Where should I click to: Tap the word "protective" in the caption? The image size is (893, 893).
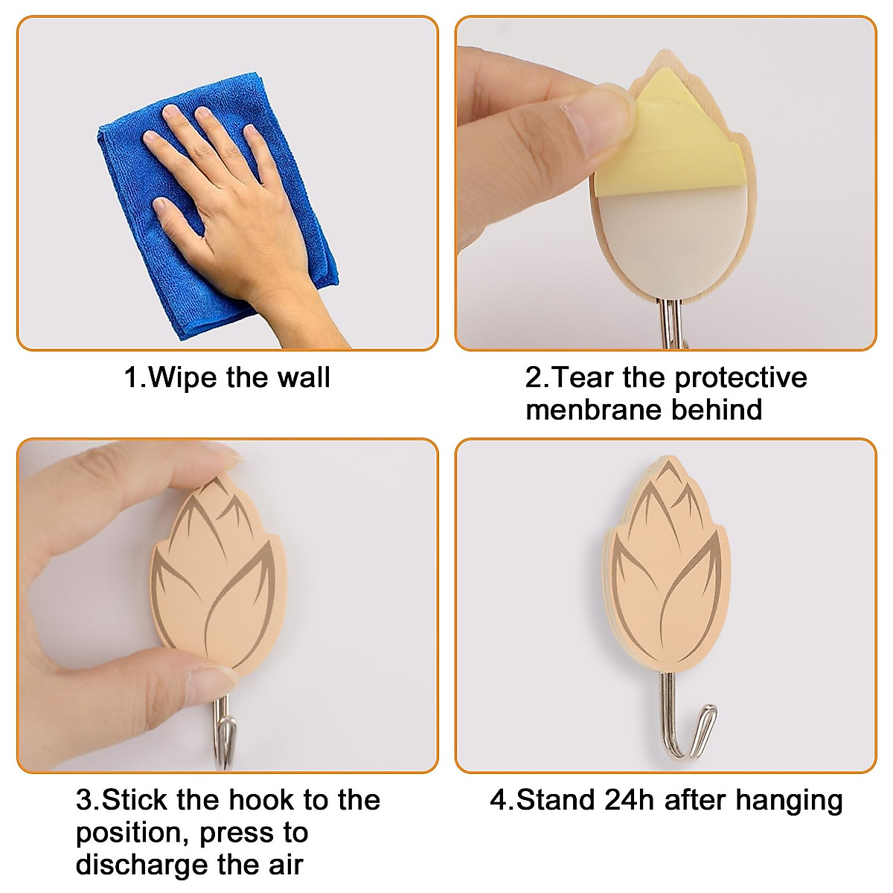tap(740, 378)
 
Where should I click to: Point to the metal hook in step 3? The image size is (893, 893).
tap(224, 737)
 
